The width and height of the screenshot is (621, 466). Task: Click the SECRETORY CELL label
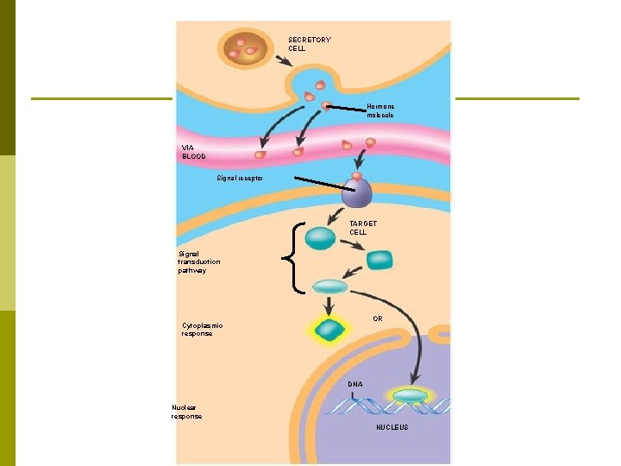(x=309, y=44)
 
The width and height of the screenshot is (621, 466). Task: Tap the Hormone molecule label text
(x=379, y=110)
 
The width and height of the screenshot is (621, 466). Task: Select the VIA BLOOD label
(x=194, y=152)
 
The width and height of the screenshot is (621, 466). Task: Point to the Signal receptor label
(x=240, y=178)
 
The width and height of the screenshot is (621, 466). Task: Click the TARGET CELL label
(x=363, y=228)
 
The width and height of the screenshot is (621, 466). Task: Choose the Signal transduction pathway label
(x=199, y=262)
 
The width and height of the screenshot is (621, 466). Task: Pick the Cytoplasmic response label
(x=202, y=330)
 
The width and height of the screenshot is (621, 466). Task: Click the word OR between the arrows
(x=378, y=318)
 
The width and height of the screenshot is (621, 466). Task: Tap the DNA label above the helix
(x=355, y=383)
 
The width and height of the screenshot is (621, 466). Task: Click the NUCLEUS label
(x=392, y=428)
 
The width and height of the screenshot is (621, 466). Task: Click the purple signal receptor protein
(x=356, y=194)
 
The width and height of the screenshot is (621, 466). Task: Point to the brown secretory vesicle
(x=244, y=49)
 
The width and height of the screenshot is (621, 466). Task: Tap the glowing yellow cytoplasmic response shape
(x=329, y=330)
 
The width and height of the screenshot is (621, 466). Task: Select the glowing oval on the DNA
(x=411, y=395)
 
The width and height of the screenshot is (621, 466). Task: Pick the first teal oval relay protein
(x=320, y=238)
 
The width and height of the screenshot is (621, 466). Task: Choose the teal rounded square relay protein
(x=379, y=260)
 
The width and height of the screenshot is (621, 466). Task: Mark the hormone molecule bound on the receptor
(x=356, y=177)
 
